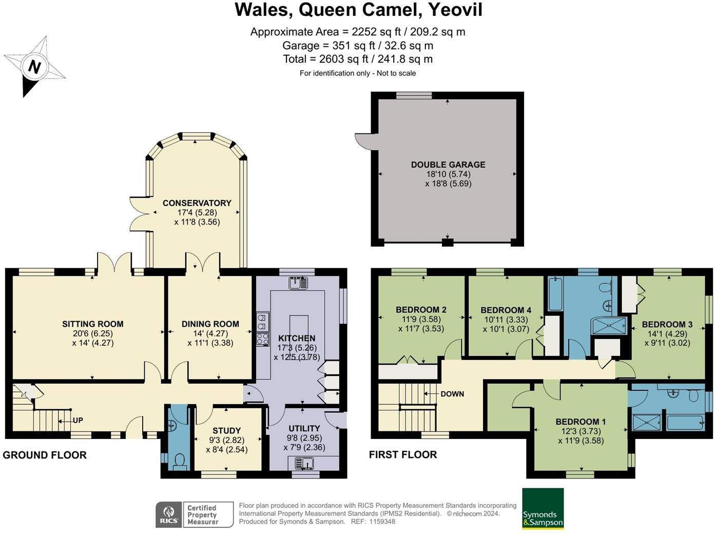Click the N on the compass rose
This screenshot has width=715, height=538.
pyautogui.click(x=34, y=67)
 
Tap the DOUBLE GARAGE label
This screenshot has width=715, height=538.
pyautogui.click(x=448, y=165)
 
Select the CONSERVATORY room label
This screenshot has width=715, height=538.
pyautogui.click(x=197, y=203)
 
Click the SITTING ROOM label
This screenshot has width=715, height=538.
pyautogui.click(x=92, y=324)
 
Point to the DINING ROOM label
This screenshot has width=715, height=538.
pyautogui.click(x=210, y=324)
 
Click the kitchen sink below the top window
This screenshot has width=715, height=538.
pyautogui.click(x=298, y=283)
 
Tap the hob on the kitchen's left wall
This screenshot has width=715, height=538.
pyautogui.click(x=262, y=338)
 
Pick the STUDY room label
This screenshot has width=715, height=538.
pyautogui.click(x=226, y=431)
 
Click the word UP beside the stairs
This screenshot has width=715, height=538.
pyautogui.click(x=78, y=421)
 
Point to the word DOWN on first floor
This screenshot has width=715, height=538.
pyautogui.click(x=452, y=394)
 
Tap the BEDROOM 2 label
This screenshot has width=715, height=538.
pyautogui.click(x=421, y=310)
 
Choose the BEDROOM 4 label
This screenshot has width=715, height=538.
pyautogui.click(x=506, y=310)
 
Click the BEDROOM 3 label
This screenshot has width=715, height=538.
pyautogui.click(x=667, y=325)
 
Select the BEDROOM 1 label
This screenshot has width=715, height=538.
pyautogui.click(x=581, y=422)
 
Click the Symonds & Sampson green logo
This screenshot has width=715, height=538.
pyautogui.click(x=543, y=508)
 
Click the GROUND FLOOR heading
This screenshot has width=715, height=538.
pyautogui.click(x=45, y=455)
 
